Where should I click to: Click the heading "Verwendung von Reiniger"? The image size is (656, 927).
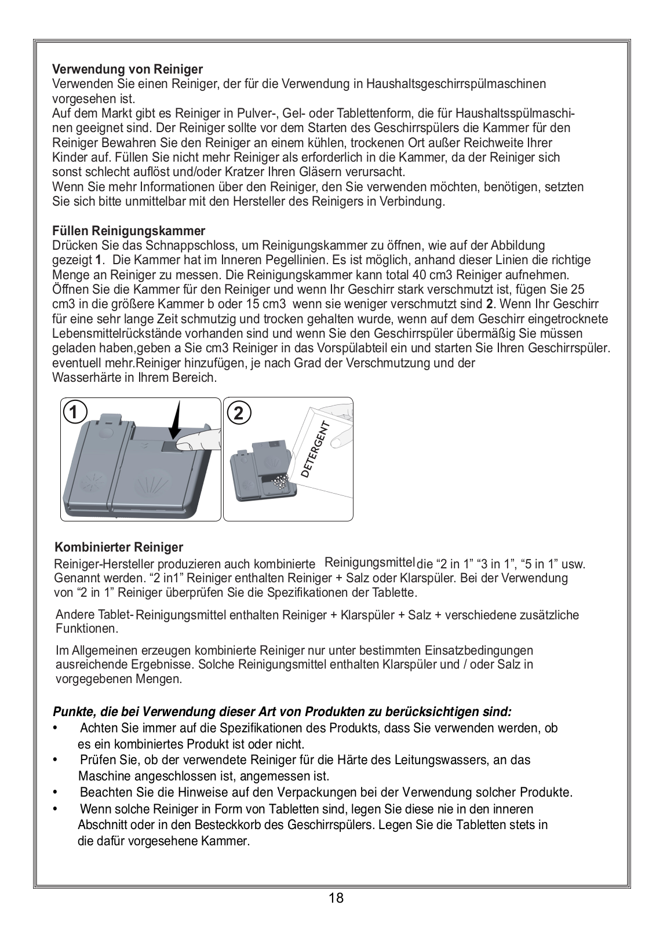click(127, 70)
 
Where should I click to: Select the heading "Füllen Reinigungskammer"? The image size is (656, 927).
click(129, 231)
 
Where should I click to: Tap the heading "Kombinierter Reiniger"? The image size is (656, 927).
click(119, 548)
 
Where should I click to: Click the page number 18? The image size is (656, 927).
click(336, 898)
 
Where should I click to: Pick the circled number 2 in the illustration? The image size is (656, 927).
click(240, 413)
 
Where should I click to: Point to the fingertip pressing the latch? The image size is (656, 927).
click(184, 444)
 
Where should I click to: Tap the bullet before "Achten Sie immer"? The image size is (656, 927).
click(55, 728)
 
